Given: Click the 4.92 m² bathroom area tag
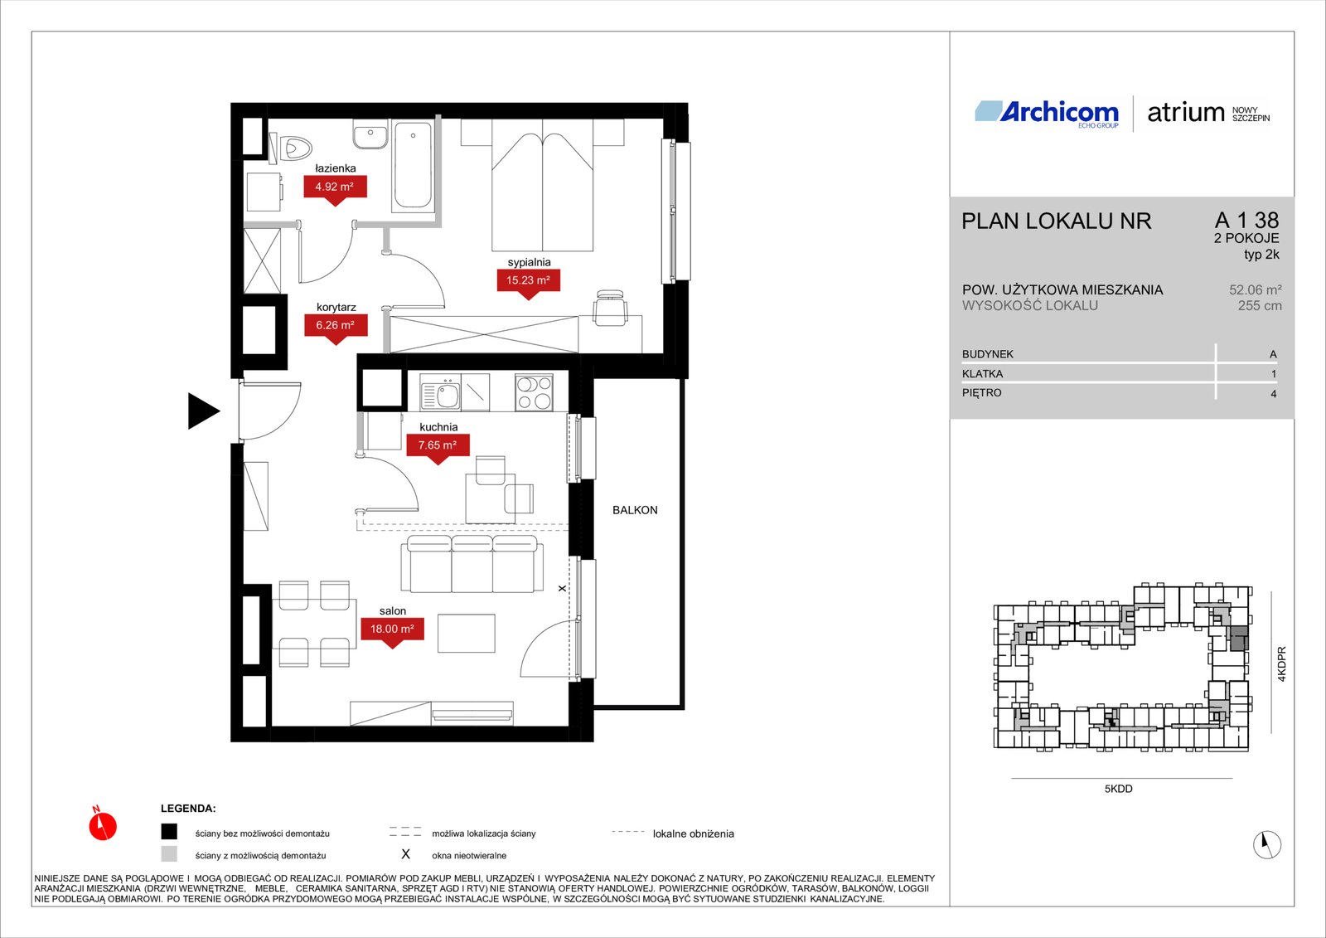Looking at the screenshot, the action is (335, 187).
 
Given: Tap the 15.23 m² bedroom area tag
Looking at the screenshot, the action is (528, 281).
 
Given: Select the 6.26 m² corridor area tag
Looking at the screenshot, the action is (336, 326).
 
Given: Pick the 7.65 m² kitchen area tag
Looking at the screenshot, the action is (438, 445).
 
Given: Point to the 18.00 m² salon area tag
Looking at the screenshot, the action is (393, 629).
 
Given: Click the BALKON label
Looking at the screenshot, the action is (635, 510).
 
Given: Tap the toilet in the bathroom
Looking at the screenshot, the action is (291, 148).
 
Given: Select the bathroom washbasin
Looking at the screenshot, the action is (370, 134).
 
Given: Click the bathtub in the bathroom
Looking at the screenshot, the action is (414, 165).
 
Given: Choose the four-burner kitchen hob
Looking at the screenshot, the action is (534, 391).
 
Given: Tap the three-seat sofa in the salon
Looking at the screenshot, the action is (472, 563).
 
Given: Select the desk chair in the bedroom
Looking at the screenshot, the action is (610, 308).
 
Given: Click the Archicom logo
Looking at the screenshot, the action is (1047, 114).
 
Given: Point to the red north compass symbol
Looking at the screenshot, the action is (103, 825).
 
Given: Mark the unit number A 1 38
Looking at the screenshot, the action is (1246, 221).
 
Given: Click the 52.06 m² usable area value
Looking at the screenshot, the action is (1255, 290).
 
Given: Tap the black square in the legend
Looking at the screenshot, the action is (169, 832).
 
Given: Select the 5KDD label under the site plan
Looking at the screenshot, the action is (1118, 790).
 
